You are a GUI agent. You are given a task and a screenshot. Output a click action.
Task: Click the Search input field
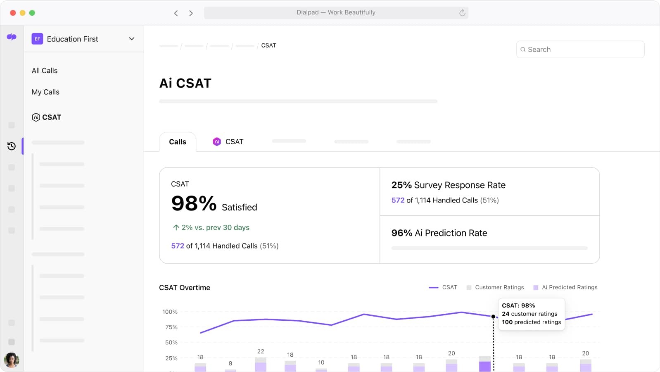tap(580, 50)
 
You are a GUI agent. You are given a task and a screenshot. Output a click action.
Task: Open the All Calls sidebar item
tap(45, 71)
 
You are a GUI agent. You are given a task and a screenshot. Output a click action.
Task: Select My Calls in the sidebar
tap(45, 92)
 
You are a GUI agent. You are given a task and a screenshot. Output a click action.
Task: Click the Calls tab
tap(178, 142)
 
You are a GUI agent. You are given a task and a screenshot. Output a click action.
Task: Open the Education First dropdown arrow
tap(132, 39)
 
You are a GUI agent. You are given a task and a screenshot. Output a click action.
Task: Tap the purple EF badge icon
tap(37, 39)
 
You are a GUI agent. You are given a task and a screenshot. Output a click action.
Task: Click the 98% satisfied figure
tap(194, 204)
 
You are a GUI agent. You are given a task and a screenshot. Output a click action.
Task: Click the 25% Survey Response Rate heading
tap(448, 185)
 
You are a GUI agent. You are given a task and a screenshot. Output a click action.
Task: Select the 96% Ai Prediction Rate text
tap(439, 233)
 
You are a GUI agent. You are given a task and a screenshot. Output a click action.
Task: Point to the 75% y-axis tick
tap(171, 327)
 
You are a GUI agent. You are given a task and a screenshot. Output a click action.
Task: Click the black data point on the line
tap(493, 317)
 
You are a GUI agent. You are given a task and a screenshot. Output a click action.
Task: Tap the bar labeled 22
tap(261, 365)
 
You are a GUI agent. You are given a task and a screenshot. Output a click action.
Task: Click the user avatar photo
tap(12, 360)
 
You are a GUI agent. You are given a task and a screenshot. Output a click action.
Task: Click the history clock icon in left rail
tap(12, 146)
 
